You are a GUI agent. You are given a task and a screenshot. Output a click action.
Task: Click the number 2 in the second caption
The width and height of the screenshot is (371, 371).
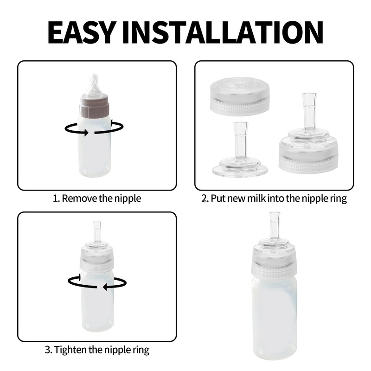[x=204, y=199]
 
